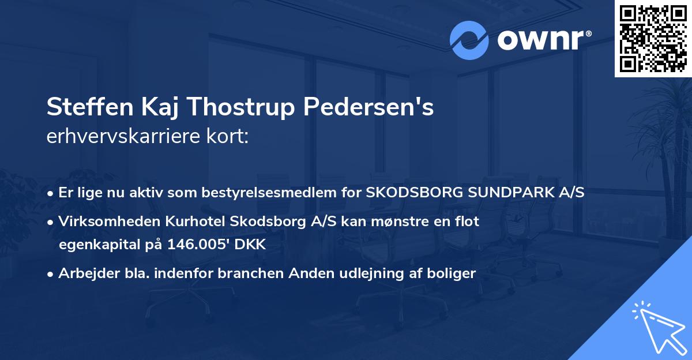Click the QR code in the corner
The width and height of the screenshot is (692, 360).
click(653, 38)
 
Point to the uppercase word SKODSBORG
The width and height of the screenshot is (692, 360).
click(409, 193)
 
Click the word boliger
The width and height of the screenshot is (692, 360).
click(453, 273)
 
